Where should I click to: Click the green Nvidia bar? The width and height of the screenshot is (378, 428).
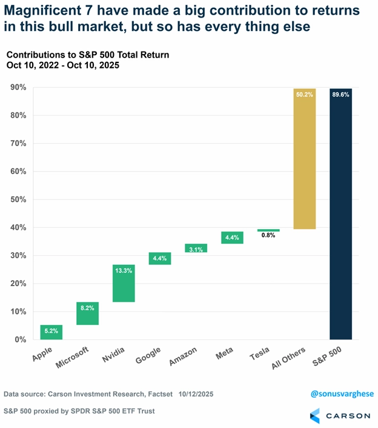click(x=124, y=283)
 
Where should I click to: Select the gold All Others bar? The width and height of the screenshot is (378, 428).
click(x=304, y=159)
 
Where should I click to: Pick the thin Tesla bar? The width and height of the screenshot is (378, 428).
click(x=268, y=230)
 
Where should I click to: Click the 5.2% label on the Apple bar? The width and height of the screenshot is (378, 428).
click(x=51, y=332)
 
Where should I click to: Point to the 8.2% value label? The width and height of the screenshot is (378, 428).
click(x=87, y=308)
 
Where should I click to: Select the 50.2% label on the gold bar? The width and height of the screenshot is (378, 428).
click(x=304, y=94)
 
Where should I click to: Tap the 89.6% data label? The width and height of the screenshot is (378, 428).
click(x=340, y=94)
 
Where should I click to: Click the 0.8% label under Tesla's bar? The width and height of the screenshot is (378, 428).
click(x=268, y=235)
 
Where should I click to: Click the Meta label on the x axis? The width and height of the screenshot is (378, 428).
click(x=225, y=353)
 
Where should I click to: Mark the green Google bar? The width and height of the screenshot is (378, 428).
click(x=160, y=259)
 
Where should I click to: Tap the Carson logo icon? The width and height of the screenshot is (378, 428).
click(x=315, y=415)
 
